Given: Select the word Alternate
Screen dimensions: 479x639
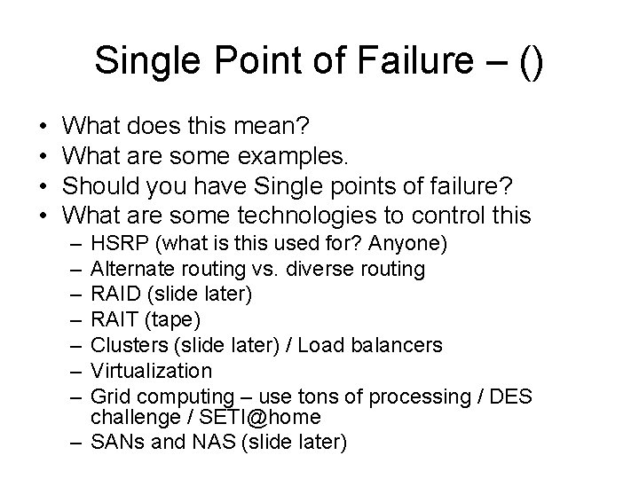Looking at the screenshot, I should [125, 268].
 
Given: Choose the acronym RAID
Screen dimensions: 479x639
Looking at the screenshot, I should [112, 294].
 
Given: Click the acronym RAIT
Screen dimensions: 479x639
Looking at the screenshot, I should [110, 318].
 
